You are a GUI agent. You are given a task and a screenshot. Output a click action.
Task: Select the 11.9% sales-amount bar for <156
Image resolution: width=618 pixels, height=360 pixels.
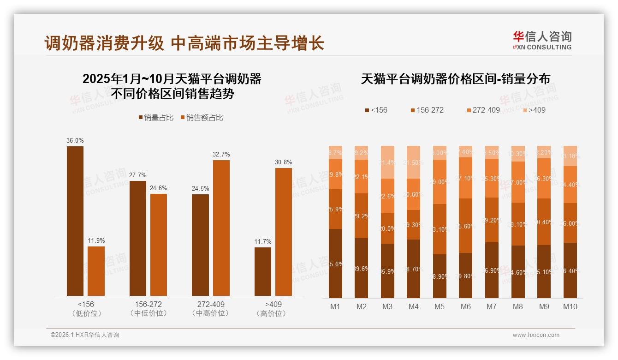pyautogui.click(x=96, y=271)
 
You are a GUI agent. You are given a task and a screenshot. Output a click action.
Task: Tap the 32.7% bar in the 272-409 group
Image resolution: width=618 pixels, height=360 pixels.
pyautogui.click(x=221, y=228)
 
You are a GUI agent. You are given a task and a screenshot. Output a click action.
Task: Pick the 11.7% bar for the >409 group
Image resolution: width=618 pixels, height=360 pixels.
pyautogui.click(x=263, y=271)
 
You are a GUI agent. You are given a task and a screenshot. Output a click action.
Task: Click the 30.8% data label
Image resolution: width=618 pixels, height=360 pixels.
pyautogui.click(x=284, y=162)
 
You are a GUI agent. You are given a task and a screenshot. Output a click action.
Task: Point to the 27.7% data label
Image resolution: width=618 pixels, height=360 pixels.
pyautogui.click(x=138, y=175)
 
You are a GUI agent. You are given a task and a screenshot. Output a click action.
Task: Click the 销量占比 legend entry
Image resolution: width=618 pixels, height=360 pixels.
pyautogui.click(x=156, y=118)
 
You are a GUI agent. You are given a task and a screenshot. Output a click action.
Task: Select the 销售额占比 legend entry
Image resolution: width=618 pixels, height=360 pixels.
pyautogui.click(x=202, y=118)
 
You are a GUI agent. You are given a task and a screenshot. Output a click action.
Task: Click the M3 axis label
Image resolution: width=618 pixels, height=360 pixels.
pyautogui.click(x=387, y=306)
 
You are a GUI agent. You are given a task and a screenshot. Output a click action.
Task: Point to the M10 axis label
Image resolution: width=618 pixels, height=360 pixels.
pyautogui.click(x=570, y=306)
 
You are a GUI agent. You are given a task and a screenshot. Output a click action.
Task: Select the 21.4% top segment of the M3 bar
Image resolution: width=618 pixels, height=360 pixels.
pyautogui.click(x=387, y=162)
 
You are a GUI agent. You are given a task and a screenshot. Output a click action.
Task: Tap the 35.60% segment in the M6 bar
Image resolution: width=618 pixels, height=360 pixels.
pyautogui.click(x=465, y=226)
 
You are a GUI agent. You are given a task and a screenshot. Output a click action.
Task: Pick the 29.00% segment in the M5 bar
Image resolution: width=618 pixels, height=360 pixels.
pyautogui.click(x=440, y=182)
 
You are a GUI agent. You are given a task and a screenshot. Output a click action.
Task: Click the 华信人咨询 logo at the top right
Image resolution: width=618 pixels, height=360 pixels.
pyautogui.click(x=542, y=40)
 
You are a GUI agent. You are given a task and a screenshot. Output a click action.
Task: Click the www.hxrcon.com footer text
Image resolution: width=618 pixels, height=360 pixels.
pyautogui.click(x=536, y=335)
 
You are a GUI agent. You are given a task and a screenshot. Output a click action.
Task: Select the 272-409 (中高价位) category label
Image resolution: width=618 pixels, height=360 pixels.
pyautogui.click(x=211, y=309)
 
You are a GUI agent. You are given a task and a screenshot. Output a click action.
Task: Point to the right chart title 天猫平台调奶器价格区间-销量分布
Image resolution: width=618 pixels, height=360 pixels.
pyautogui.click(x=455, y=79)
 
